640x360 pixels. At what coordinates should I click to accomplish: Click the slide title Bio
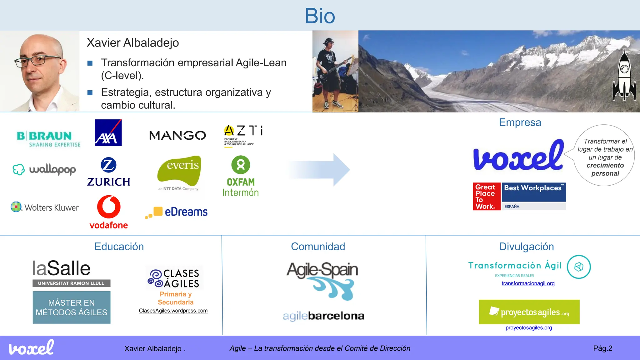click(x=320, y=16)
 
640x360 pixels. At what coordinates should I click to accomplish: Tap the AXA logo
click(x=108, y=133)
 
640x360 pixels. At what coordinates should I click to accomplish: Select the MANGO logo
click(x=177, y=135)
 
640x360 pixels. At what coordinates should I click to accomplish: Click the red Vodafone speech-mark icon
click(x=109, y=207)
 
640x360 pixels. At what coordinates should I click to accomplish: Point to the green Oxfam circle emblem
click(x=241, y=165)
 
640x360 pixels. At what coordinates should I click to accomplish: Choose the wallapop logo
click(x=44, y=169)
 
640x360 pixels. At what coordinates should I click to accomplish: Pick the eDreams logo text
click(x=186, y=212)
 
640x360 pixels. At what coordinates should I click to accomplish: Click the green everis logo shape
click(x=179, y=170)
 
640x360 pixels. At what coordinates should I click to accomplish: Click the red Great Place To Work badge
click(x=486, y=197)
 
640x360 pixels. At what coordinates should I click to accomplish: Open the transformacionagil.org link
click(x=528, y=283)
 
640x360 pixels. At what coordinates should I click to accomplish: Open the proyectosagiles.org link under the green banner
click(x=528, y=328)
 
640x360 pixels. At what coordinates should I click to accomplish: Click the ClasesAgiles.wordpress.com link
click(x=173, y=311)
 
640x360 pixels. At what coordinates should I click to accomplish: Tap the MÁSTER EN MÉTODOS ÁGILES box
click(x=72, y=307)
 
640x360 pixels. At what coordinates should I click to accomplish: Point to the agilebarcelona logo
click(x=323, y=316)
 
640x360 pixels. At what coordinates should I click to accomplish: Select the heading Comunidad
click(x=318, y=247)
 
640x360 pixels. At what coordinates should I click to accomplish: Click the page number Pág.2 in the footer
click(x=602, y=348)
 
